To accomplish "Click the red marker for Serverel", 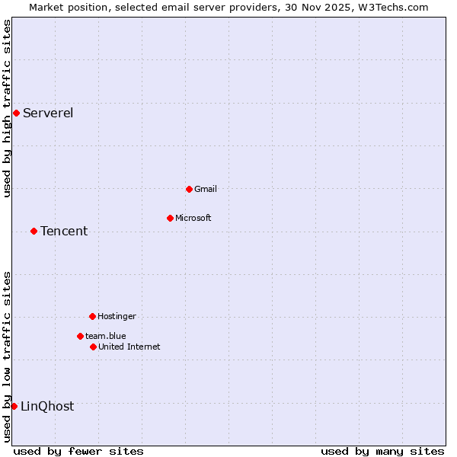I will coord(16,113).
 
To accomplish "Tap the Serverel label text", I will coord(48,113).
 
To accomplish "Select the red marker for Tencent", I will coord(34,231).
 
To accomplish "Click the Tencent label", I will coord(64,232).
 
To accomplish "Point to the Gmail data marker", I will coord(189,189).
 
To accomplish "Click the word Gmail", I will coord(206,189).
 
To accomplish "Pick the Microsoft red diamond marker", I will coord(170,218).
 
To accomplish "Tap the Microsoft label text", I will coord(193,218).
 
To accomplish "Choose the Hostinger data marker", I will coord(92,316).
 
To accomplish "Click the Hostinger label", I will coord(117,316).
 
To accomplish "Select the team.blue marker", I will coord(80,336).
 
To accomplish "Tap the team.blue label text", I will coord(106,336).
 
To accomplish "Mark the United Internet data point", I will coord(93,347).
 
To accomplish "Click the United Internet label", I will coord(129,347).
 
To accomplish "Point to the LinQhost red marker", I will coord(14,406).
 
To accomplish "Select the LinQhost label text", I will coord(47,407).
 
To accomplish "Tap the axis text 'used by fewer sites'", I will coord(78,451).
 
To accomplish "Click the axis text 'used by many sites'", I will coord(382,451).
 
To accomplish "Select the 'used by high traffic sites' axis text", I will coord(7,108).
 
